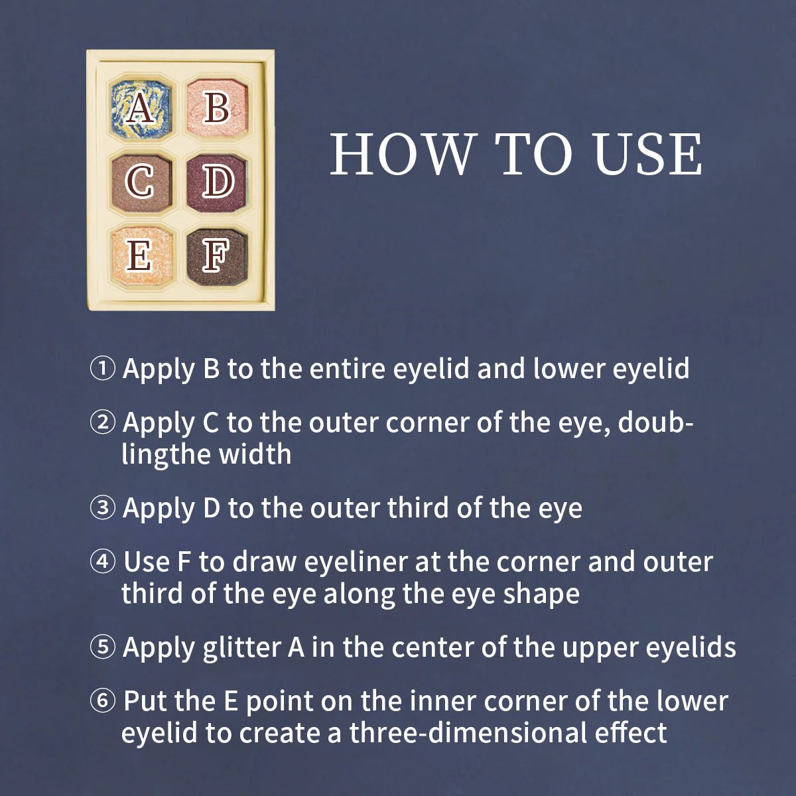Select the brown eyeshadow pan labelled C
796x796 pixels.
pos(141,182)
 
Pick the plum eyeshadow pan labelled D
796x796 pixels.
pos(217,182)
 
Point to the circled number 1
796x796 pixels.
pos(102,369)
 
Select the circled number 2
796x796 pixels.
pos(102,423)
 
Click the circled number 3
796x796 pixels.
pos(102,507)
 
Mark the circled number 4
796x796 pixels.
pos(102,562)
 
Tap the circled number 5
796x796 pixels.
pos(102,647)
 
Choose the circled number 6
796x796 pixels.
pos(102,701)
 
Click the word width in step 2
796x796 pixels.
pos(255,454)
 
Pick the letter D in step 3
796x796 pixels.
pos(212,508)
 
